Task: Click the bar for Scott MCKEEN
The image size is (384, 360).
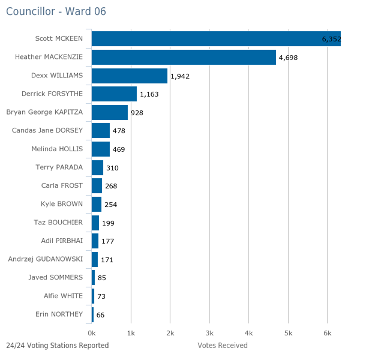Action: (x=216, y=39)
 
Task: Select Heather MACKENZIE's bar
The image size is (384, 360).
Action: (x=184, y=58)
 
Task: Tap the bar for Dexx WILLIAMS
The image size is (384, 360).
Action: (x=130, y=76)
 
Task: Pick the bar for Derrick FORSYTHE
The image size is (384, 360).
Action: (x=114, y=94)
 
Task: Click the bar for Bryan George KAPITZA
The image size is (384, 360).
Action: (x=110, y=112)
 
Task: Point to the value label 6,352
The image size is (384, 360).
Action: (x=331, y=40)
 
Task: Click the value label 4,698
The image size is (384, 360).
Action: (x=288, y=58)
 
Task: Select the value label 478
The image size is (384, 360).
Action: (x=119, y=131)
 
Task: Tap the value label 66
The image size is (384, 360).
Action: (x=100, y=315)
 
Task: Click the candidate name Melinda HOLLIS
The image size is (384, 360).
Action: (x=57, y=149)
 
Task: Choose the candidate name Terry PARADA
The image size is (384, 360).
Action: (x=59, y=167)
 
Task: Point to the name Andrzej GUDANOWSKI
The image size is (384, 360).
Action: (x=46, y=259)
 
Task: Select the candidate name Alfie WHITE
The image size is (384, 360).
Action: (x=64, y=296)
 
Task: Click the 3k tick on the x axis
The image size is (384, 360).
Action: (x=209, y=333)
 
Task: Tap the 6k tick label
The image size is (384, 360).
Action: (x=327, y=333)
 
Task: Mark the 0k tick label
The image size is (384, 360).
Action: (x=92, y=333)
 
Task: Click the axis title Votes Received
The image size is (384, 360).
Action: (x=222, y=346)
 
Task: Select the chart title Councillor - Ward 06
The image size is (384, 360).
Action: (x=48, y=12)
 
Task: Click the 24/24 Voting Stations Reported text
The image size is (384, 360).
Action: (x=58, y=346)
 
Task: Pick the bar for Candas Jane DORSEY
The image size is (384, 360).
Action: (x=101, y=131)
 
